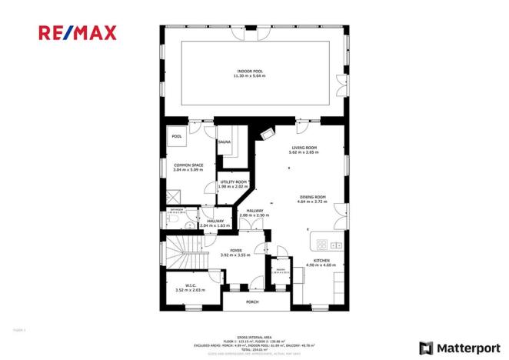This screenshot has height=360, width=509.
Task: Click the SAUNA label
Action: point(225,142)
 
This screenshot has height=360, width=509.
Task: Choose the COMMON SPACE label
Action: point(188,166)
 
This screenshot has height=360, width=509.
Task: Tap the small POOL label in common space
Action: point(177,137)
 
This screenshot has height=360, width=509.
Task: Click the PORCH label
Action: point(252,302)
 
